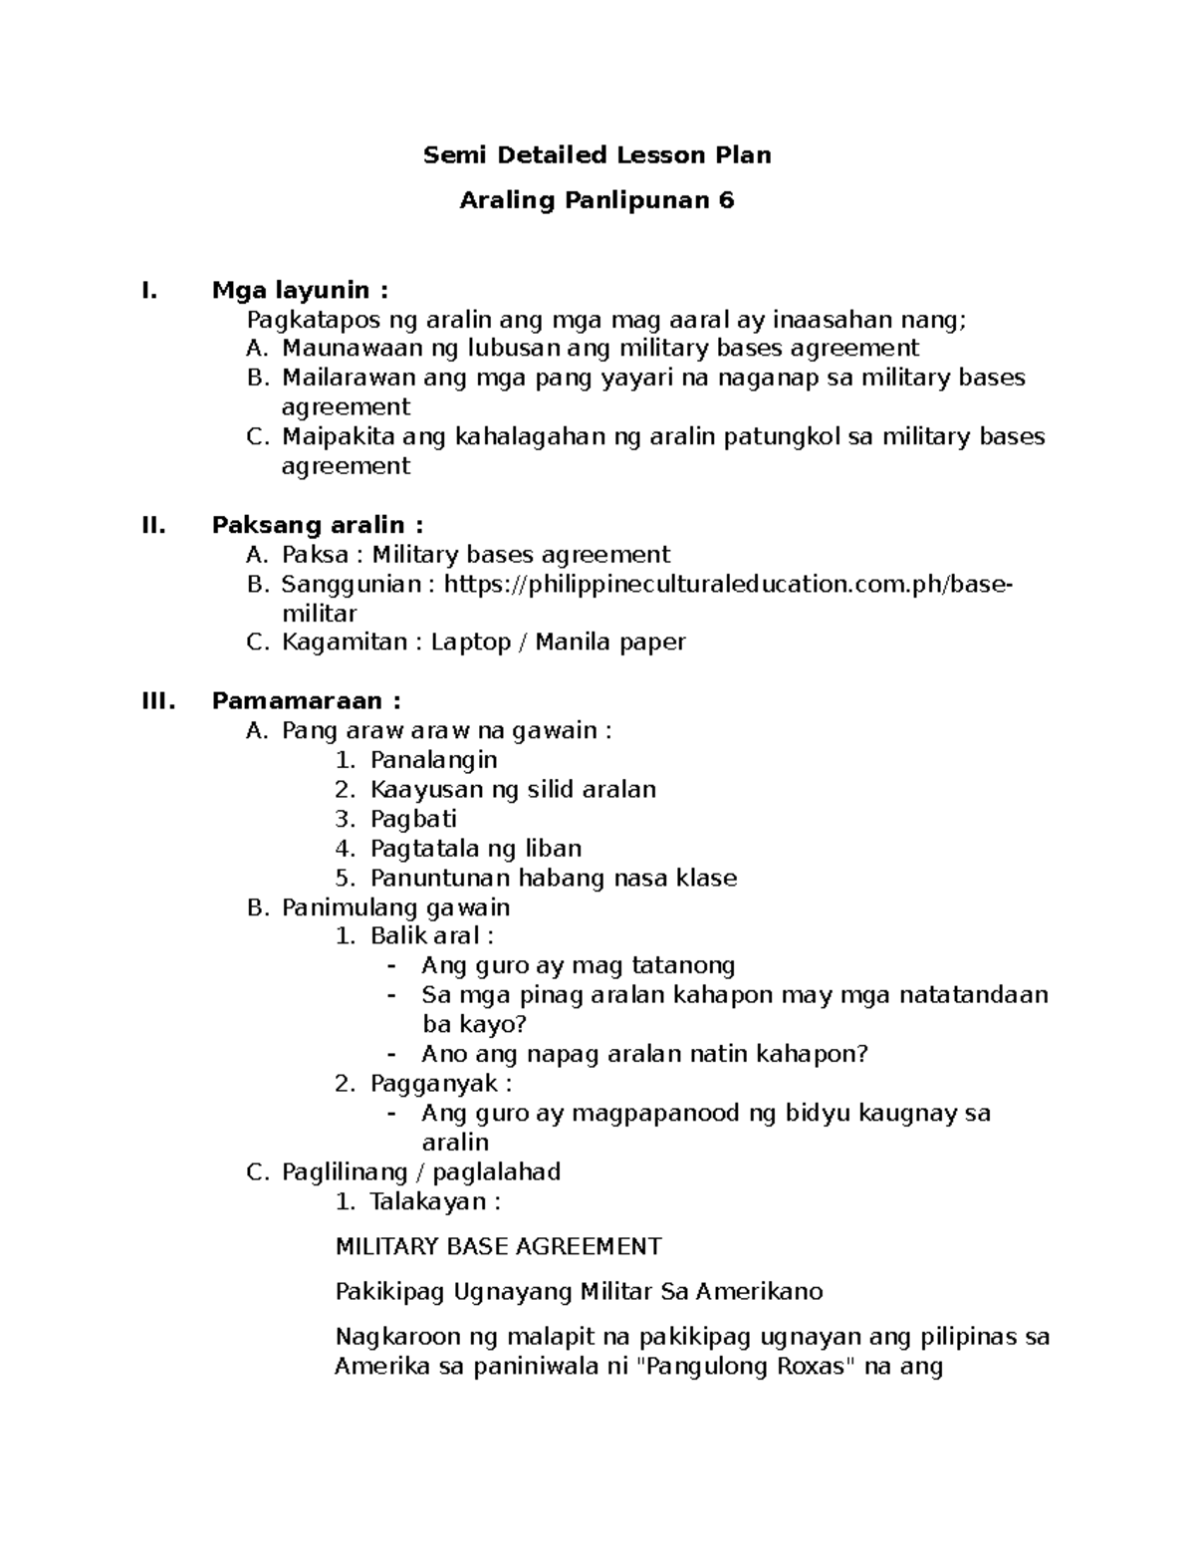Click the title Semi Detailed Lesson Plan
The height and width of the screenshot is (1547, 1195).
(x=597, y=155)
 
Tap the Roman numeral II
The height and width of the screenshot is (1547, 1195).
(x=154, y=525)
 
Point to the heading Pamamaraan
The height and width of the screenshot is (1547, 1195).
(x=299, y=701)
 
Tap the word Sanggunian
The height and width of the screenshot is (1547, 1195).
(x=352, y=584)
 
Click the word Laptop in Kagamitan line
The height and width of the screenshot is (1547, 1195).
(x=470, y=643)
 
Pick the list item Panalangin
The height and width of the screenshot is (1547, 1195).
(x=433, y=760)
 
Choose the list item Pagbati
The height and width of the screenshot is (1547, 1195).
(x=413, y=819)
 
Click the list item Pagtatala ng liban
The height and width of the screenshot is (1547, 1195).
(x=475, y=849)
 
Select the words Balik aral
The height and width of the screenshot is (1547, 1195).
(x=425, y=936)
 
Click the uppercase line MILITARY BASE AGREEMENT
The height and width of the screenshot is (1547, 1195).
(x=498, y=1246)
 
